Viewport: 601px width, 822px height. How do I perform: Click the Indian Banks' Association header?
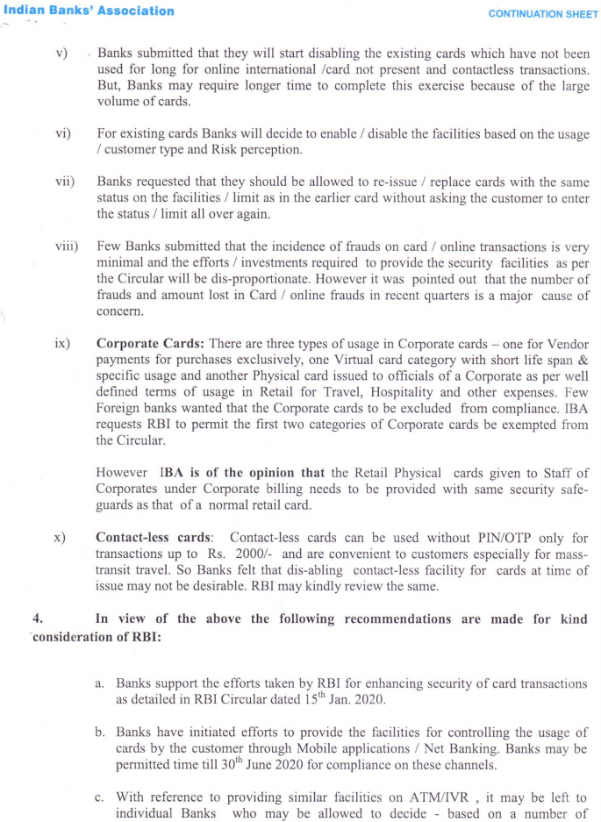point(88,11)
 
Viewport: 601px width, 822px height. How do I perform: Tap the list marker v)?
point(61,54)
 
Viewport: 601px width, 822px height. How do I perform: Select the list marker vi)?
point(63,134)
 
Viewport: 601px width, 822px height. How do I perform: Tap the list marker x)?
point(61,538)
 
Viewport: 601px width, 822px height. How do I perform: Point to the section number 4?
point(37,619)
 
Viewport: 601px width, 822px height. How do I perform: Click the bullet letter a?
point(100,683)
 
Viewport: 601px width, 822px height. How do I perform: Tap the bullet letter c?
point(100,797)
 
